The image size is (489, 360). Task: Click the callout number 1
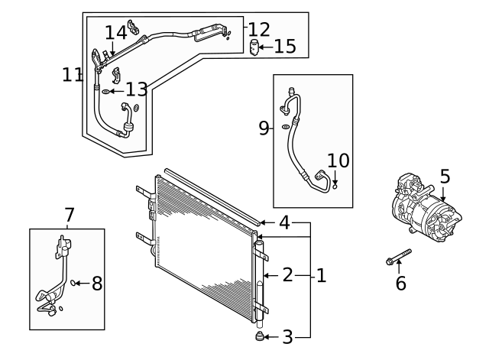[x=321, y=275]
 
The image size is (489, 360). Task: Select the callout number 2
[x=287, y=275]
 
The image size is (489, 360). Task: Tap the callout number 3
[x=287, y=336]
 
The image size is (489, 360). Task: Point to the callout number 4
[x=283, y=223]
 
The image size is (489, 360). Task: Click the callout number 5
[x=445, y=176]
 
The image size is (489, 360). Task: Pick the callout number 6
[x=400, y=284]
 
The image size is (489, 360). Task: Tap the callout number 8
[x=97, y=284]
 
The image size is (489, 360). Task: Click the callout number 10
[x=338, y=161]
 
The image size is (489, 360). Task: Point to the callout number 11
[x=73, y=75]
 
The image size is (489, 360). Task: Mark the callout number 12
[x=259, y=30]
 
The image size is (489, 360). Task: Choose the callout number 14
[x=115, y=32]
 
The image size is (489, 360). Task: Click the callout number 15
[x=285, y=47]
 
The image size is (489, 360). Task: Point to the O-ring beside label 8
[x=75, y=284]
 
